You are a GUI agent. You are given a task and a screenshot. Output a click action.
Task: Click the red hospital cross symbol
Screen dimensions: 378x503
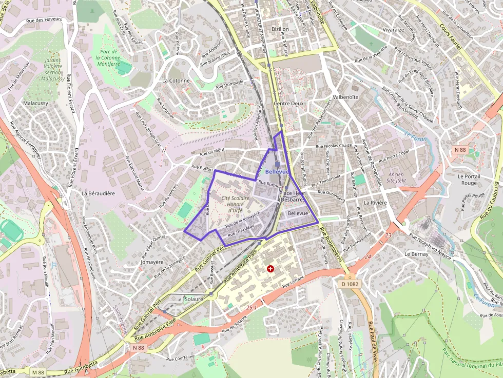coord(270,268)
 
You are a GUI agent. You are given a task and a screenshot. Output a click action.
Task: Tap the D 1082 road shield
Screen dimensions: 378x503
coord(350,284)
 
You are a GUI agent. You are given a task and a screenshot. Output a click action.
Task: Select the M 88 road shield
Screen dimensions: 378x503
coord(37,372)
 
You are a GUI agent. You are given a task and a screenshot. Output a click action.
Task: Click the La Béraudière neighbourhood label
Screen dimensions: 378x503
coord(98,193)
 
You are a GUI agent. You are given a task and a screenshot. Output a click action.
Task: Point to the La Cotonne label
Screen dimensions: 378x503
coord(176,81)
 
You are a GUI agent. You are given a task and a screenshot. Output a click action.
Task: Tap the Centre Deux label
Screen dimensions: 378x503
coord(289,103)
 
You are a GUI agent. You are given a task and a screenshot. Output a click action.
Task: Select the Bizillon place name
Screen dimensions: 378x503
coord(280,29)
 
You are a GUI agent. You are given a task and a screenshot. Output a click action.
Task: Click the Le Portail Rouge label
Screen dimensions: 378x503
coord(468,180)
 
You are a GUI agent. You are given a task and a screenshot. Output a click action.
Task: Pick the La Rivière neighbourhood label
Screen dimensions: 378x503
coord(375,203)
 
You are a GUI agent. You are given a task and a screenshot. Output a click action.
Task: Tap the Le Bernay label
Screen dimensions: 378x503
coord(416,254)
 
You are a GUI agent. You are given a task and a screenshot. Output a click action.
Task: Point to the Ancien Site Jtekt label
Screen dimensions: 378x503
coord(397,177)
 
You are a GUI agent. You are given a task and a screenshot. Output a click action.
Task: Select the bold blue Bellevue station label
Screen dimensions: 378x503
coord(277,171)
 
